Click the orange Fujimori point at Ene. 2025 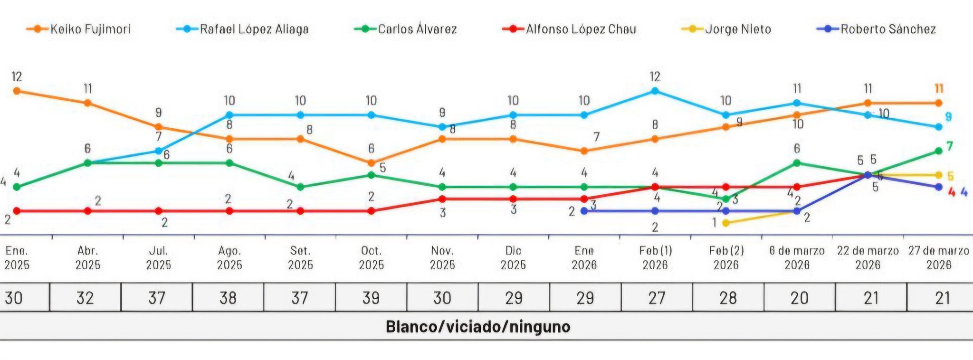(x=17, y=91)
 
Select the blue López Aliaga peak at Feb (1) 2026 (x=655, y=91)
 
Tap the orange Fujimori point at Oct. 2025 (x=371, y=163)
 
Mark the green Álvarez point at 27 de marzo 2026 (x=938, y=151)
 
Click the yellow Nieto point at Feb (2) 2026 (x=726, y=222)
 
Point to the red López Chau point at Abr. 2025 (x=87, y=211)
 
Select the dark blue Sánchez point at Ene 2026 (x=584, y=211)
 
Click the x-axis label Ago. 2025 (x=229, y=257)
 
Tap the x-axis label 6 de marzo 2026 (x=797, y=257)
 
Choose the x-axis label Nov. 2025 (x=442, y=257)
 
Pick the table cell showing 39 (x=371, y=298)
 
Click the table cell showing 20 (x=800, y=298)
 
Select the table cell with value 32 (x=86, y=298)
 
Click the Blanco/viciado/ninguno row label (x=478, y=327)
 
